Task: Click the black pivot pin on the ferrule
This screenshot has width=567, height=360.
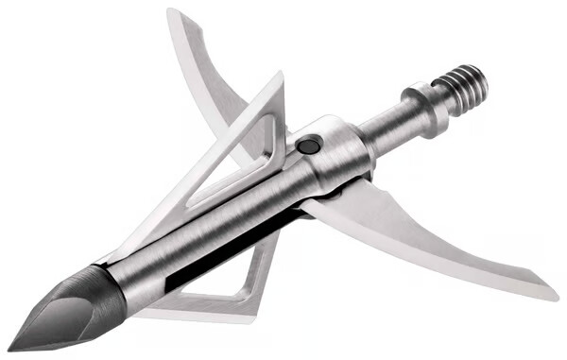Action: pyautogui.click(x=308, y=146)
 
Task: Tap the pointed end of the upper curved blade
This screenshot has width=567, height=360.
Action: pyautogui.click(x=170, y=11)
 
